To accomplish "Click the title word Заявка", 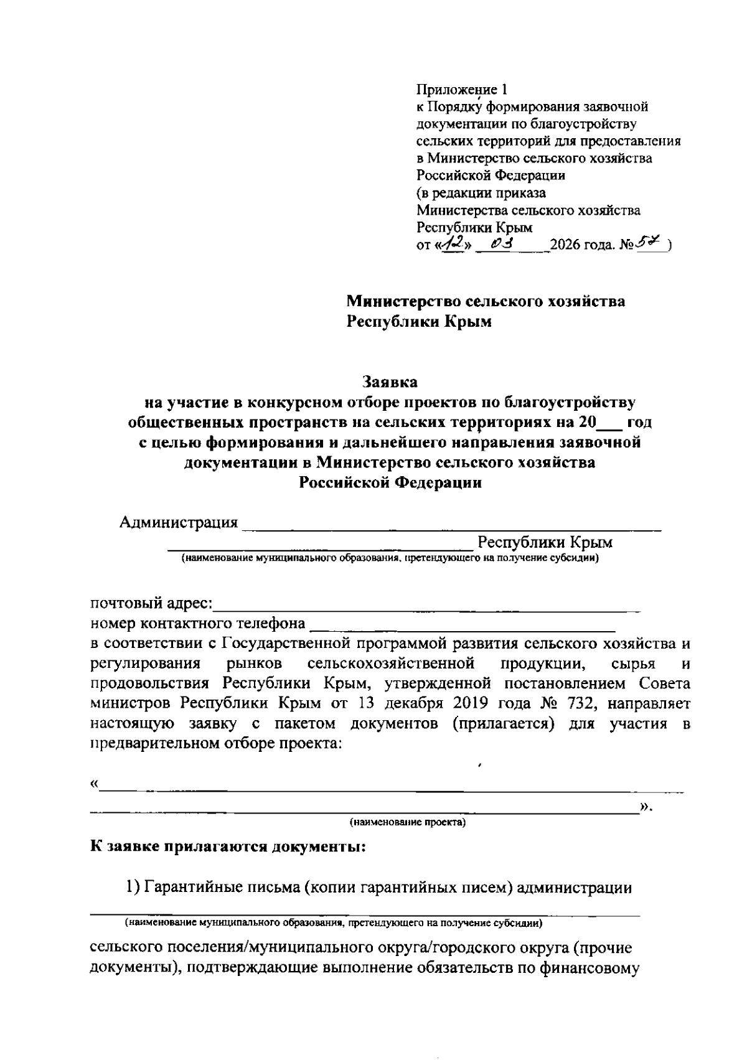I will click(390, 380).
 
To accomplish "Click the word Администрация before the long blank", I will click(179, 522).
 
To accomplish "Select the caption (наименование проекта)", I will click(408, 823).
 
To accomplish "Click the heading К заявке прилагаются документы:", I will click(228, 847).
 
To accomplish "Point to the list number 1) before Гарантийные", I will click(133, 888).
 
